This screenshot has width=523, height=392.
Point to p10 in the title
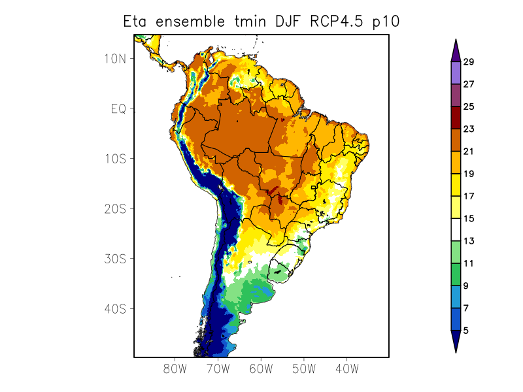[386, 22]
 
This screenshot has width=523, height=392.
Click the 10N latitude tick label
[114, 58]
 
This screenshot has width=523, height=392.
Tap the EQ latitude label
[118, 108]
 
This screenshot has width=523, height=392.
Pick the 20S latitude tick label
[114, 208]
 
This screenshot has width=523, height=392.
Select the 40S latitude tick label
[114, 308]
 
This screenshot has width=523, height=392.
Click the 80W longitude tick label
[175, 369]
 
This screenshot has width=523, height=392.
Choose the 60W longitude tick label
[261, 369]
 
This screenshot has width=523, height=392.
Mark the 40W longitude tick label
[346, 369]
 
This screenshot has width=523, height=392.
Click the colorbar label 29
[469, 62]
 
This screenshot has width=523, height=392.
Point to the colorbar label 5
[466, 331]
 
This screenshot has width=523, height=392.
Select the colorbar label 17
[469, 196]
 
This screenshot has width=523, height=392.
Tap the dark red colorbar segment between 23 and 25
[456, 118]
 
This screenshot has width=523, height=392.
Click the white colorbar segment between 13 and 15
[456, 229]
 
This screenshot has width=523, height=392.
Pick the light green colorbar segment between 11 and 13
[456, 252]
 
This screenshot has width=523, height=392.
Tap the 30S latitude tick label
[114, 259]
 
